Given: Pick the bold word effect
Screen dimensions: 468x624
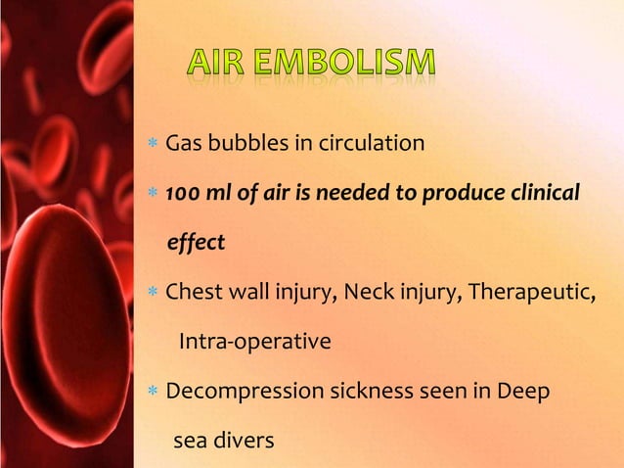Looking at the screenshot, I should point(197,242).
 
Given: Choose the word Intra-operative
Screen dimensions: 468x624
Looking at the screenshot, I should point(254,342).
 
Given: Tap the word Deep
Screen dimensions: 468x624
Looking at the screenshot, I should point(522,392).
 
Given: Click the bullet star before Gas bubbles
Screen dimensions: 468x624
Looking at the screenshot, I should point(153,145).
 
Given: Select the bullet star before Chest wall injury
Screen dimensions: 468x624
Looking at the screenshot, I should point(153,293).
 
